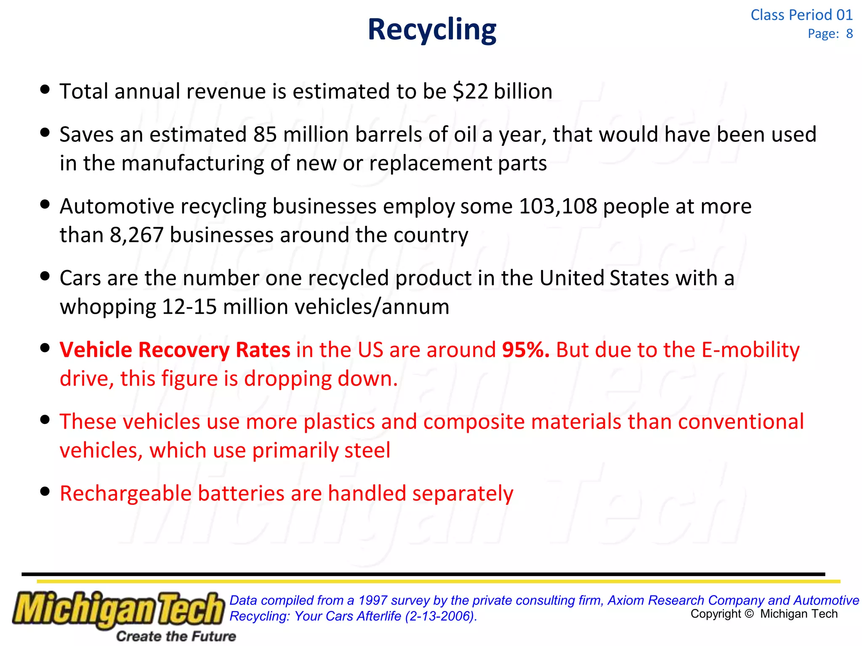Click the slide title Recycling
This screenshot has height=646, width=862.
tap(432, 30)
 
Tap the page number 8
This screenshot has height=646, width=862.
tap(849, 34)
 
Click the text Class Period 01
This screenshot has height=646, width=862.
tap(801, 15)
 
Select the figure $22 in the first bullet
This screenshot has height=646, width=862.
tap(470, 92)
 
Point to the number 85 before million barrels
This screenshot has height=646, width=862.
tap(265, 135)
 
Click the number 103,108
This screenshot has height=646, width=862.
tap(558, 207)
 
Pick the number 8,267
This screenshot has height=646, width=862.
tap(136, 235)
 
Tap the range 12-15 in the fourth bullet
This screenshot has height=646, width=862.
tap(189, 307)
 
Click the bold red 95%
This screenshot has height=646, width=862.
tap(526, 350)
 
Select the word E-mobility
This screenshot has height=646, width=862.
tap(750, 350)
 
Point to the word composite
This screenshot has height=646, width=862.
tap(474, 422)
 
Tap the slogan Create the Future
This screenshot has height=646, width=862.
tap(176, 636)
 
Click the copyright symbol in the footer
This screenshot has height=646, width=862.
tap(749, 614)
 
